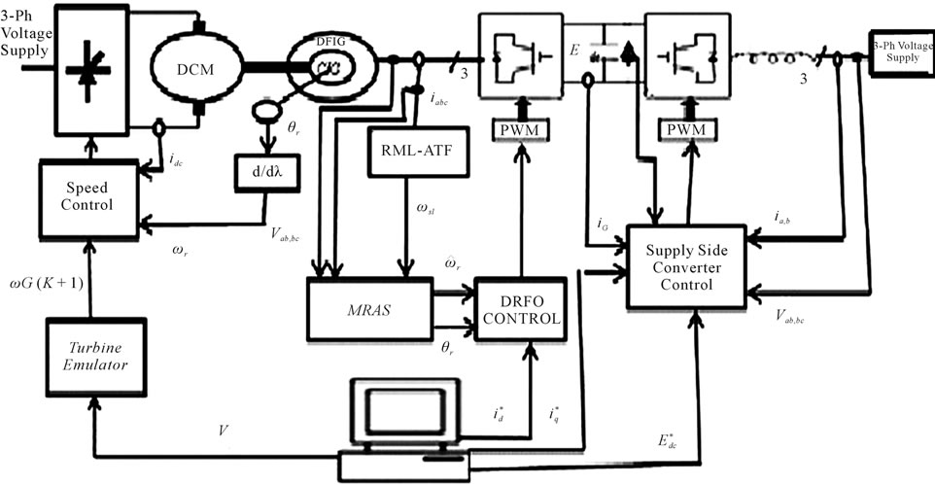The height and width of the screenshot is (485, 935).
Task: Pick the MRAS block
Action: pyautogui.click(x=369, y=309)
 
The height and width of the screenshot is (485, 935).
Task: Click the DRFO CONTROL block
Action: pyautogui.click(x=519, y=309)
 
